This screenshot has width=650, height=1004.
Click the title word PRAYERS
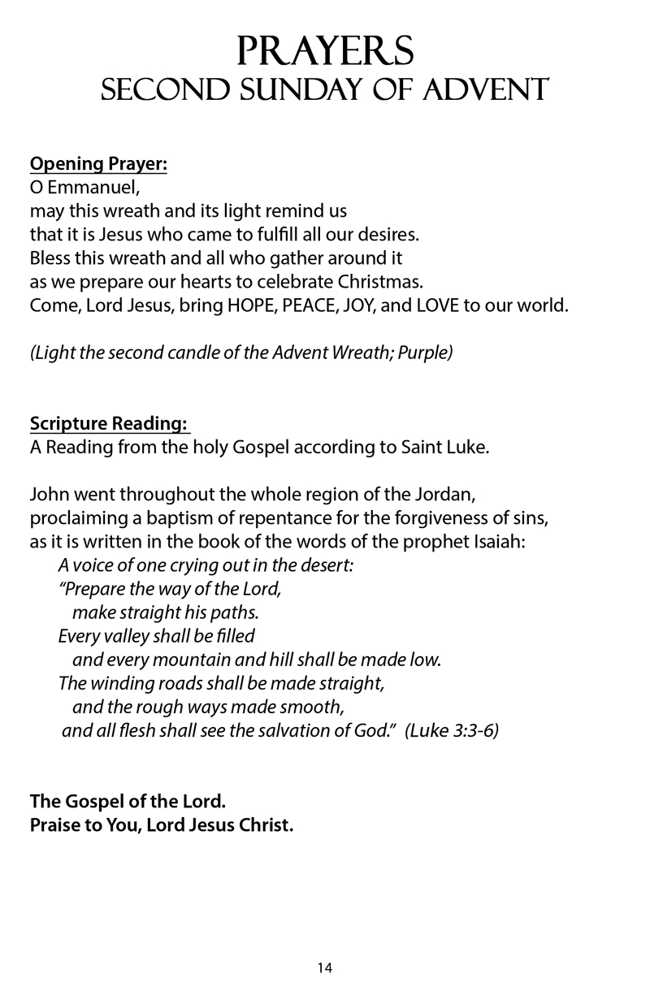[x=325, y=51]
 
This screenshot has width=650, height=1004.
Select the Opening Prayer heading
[x=98, y=165]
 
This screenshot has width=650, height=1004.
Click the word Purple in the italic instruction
[x=425, y=354]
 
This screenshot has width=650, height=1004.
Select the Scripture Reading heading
[x=109, y=424]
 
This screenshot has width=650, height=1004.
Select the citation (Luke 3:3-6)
[x=451, y=730]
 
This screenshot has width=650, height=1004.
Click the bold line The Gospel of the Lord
[x=128, y=801]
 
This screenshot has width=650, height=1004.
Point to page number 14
[x=325, y=967]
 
